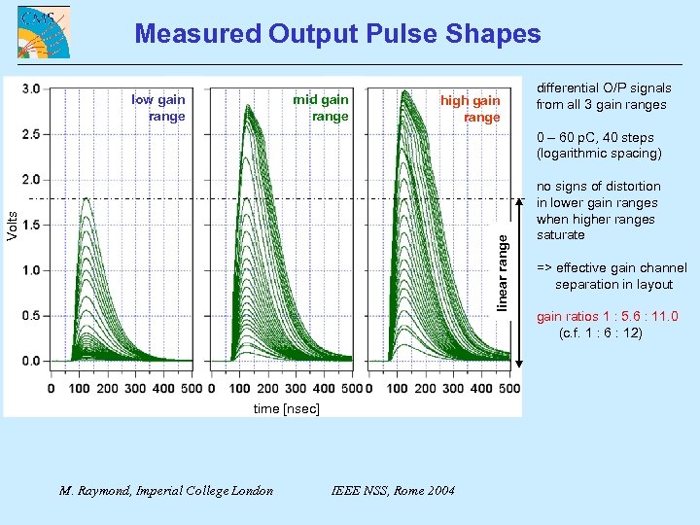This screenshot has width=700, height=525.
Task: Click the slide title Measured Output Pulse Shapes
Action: pyautogui.click(x=337, y=34)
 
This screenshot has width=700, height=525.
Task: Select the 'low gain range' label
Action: pyautogui.click(x=158, y=108)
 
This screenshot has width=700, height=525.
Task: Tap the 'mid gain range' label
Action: pyautogui.click(x=321, y=108)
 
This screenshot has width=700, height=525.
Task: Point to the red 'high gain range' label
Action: pyautogui.click(x=471, y=109)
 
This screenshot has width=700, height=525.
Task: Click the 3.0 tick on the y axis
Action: pyautogui.click(x=31, y=88)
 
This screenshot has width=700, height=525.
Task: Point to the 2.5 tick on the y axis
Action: pyautogui.click(x=31, y=134)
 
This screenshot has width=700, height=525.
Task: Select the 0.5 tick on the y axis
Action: pyautogui.click(x=31, y=316)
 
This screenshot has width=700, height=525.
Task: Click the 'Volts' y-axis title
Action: pyautogui.click(x=12, y=225)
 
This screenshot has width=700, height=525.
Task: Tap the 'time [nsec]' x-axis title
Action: pyautogui.click(x=286, y=409)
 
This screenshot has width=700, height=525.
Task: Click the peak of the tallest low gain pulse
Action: pyautogui.click(x=87, y=198)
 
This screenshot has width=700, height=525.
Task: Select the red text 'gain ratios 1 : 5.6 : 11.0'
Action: pyautogui.click(x=608, y=317)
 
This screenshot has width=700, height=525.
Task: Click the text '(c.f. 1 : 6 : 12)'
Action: pyautogui.click(x=601, y=332)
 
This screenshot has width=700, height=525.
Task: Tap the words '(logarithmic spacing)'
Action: pyautogui.click(x=599, y=154)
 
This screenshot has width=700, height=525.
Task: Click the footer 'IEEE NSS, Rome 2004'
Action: pyautogui.click(x=393, y=490)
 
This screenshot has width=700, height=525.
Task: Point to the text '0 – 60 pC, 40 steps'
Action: pyautogui.click(x=595, y=138)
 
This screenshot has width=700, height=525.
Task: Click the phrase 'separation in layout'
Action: pyautogui.click(x=613, y=284)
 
